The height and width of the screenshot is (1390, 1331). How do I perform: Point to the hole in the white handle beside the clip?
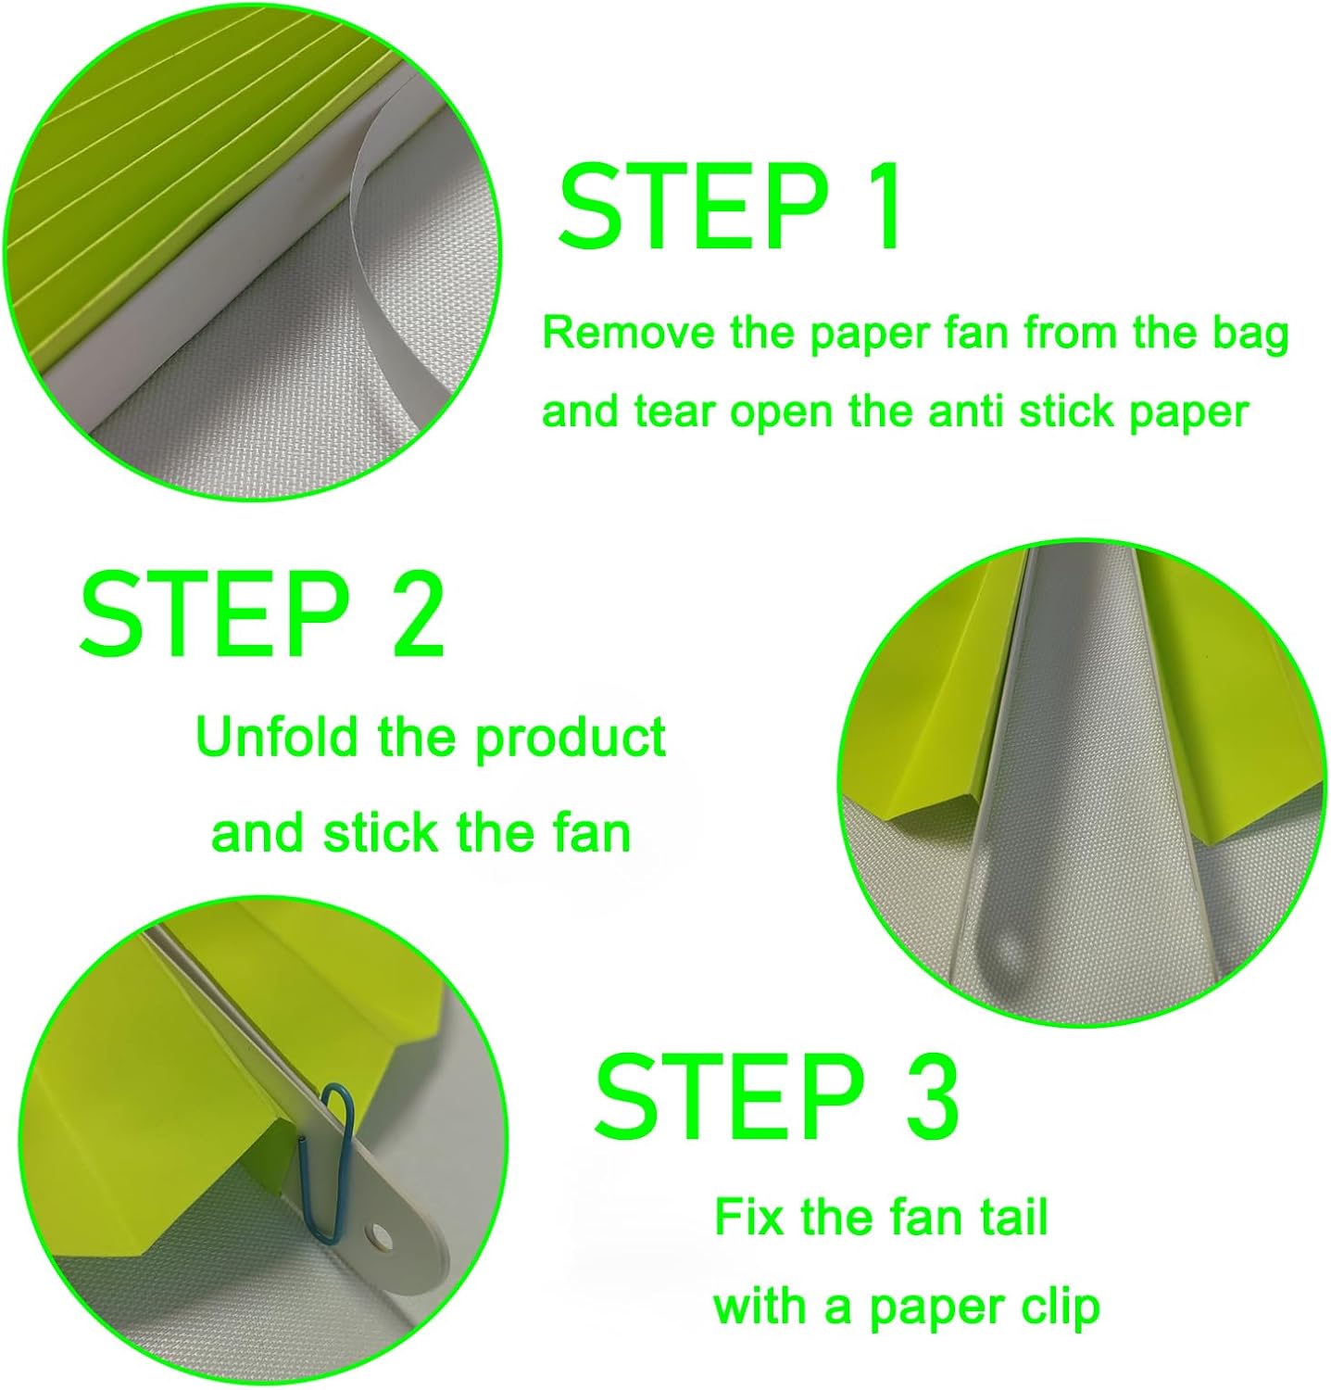pos(378,1233)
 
